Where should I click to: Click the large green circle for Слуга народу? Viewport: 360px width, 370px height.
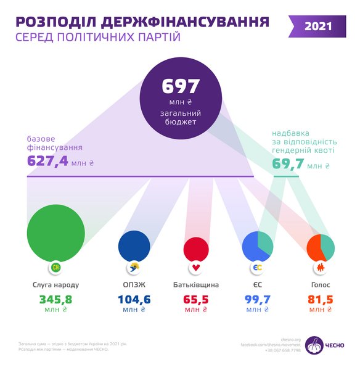coord(55,231)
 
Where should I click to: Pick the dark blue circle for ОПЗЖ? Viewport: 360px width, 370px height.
coord(134,245)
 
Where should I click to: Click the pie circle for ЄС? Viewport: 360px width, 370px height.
coord(258,246)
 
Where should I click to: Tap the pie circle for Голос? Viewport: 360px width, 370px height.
coord(321,247)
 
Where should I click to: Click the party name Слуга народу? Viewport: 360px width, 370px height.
coord(56,286)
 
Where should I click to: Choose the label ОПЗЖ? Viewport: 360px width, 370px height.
coord(134,286)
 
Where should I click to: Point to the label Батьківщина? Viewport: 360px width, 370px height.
coord(197,286)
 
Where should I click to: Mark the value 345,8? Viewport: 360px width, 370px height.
coord(55,300)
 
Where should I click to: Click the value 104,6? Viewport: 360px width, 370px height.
coord(134,300)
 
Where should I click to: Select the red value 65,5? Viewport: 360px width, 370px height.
coord(197,300)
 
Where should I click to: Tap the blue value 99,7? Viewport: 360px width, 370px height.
coord(258,300)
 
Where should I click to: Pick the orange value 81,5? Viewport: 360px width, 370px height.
coord(321,300)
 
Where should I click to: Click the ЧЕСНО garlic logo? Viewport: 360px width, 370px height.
coord(314,344)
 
